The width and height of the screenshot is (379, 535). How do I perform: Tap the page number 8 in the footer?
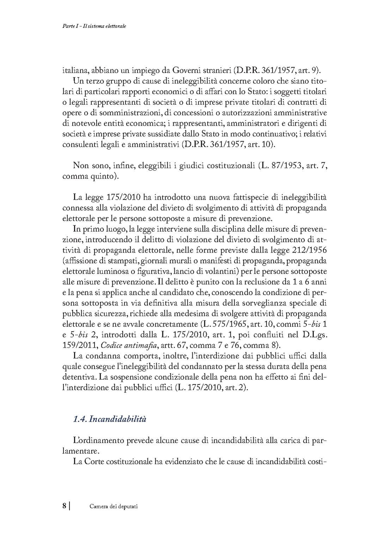[x=64, y=506]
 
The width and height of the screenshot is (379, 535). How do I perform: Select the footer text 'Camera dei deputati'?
[x=113, y=506]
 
